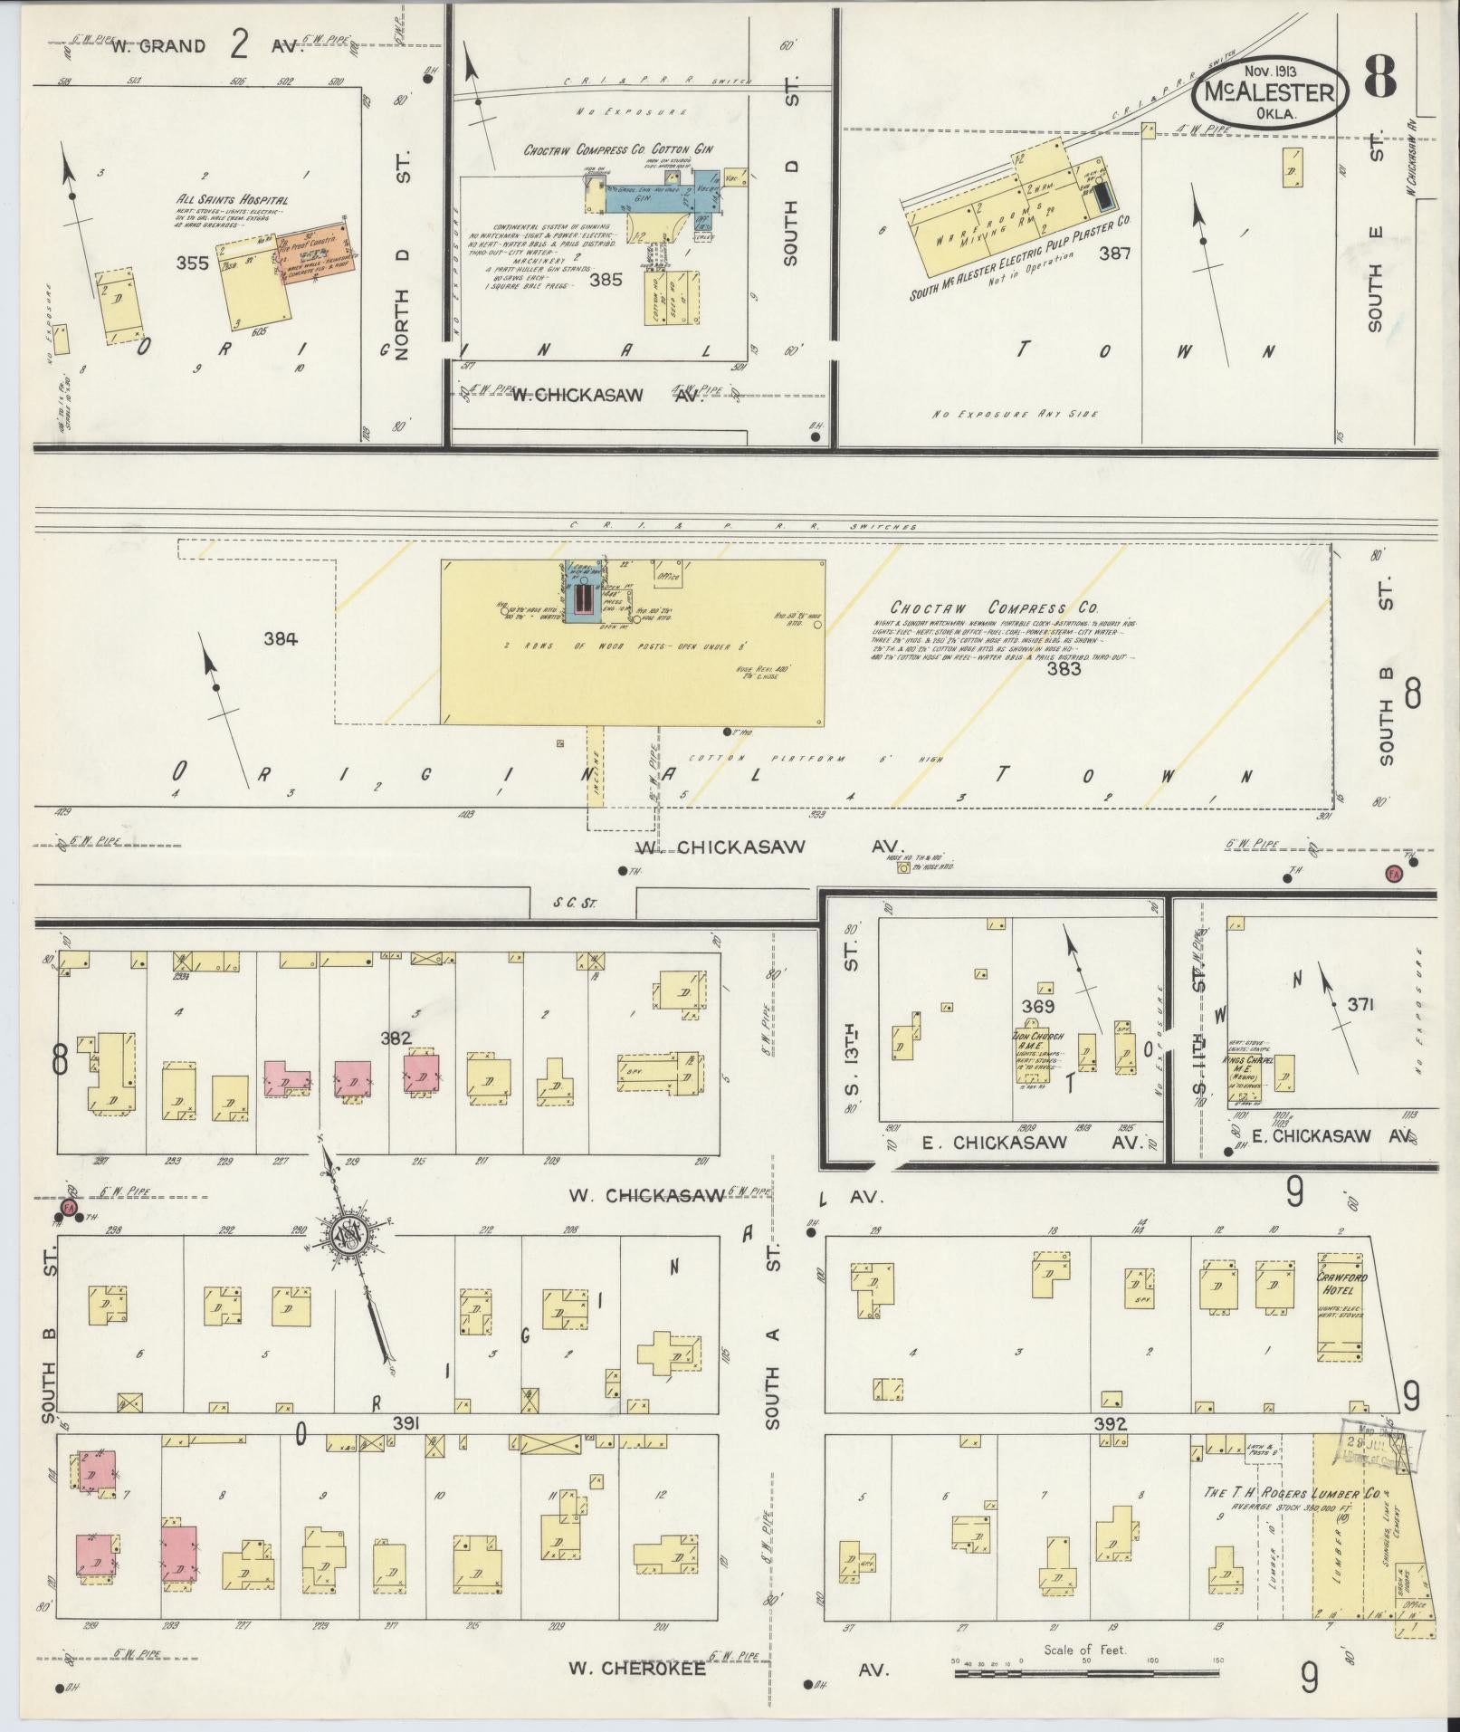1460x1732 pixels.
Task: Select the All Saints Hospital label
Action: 233,200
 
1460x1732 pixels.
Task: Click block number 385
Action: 606,280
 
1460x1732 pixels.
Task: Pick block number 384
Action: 281,639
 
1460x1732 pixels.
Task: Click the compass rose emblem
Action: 348,1235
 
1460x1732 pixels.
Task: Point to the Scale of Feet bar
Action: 1085,1673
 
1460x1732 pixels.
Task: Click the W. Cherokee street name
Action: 637,1668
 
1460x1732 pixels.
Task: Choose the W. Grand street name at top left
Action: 158,47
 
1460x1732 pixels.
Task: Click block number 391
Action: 406,1424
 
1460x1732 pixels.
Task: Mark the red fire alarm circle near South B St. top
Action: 1394,874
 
